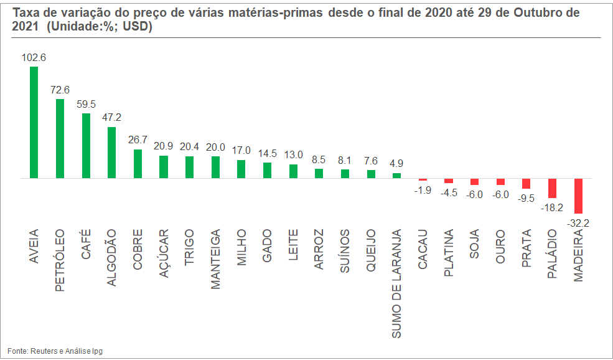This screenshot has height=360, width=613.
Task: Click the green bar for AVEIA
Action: (x=34, y=122)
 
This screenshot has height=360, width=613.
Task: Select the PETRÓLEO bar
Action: (x=60, y=138)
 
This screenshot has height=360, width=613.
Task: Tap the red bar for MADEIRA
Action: (x=578, y=196)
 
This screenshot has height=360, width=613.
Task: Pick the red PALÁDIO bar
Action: (x=552, y=188)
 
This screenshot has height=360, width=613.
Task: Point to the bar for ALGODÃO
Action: (x=111, y=153)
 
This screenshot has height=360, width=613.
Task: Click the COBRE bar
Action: (x=138, y=164)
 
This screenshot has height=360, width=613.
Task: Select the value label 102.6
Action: (x=34, y=57)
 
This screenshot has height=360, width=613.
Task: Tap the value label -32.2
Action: (x=578, y=222)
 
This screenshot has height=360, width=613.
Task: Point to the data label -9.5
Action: (x=526, y=197)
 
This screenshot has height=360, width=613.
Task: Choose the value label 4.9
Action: (x=397, y=164)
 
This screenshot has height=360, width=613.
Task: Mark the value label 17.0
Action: (x=241, y=151)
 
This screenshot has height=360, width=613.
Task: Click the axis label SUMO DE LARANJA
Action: (x=397, y=284)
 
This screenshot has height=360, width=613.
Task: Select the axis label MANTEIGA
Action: (x=215, y=259)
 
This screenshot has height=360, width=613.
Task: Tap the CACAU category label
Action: (x=423, y=249)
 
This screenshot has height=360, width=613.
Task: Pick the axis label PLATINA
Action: (x=449, y=253)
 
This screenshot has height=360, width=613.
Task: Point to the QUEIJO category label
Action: (x=371, y=250)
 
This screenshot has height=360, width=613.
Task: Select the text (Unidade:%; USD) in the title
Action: (x=100, y=27)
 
